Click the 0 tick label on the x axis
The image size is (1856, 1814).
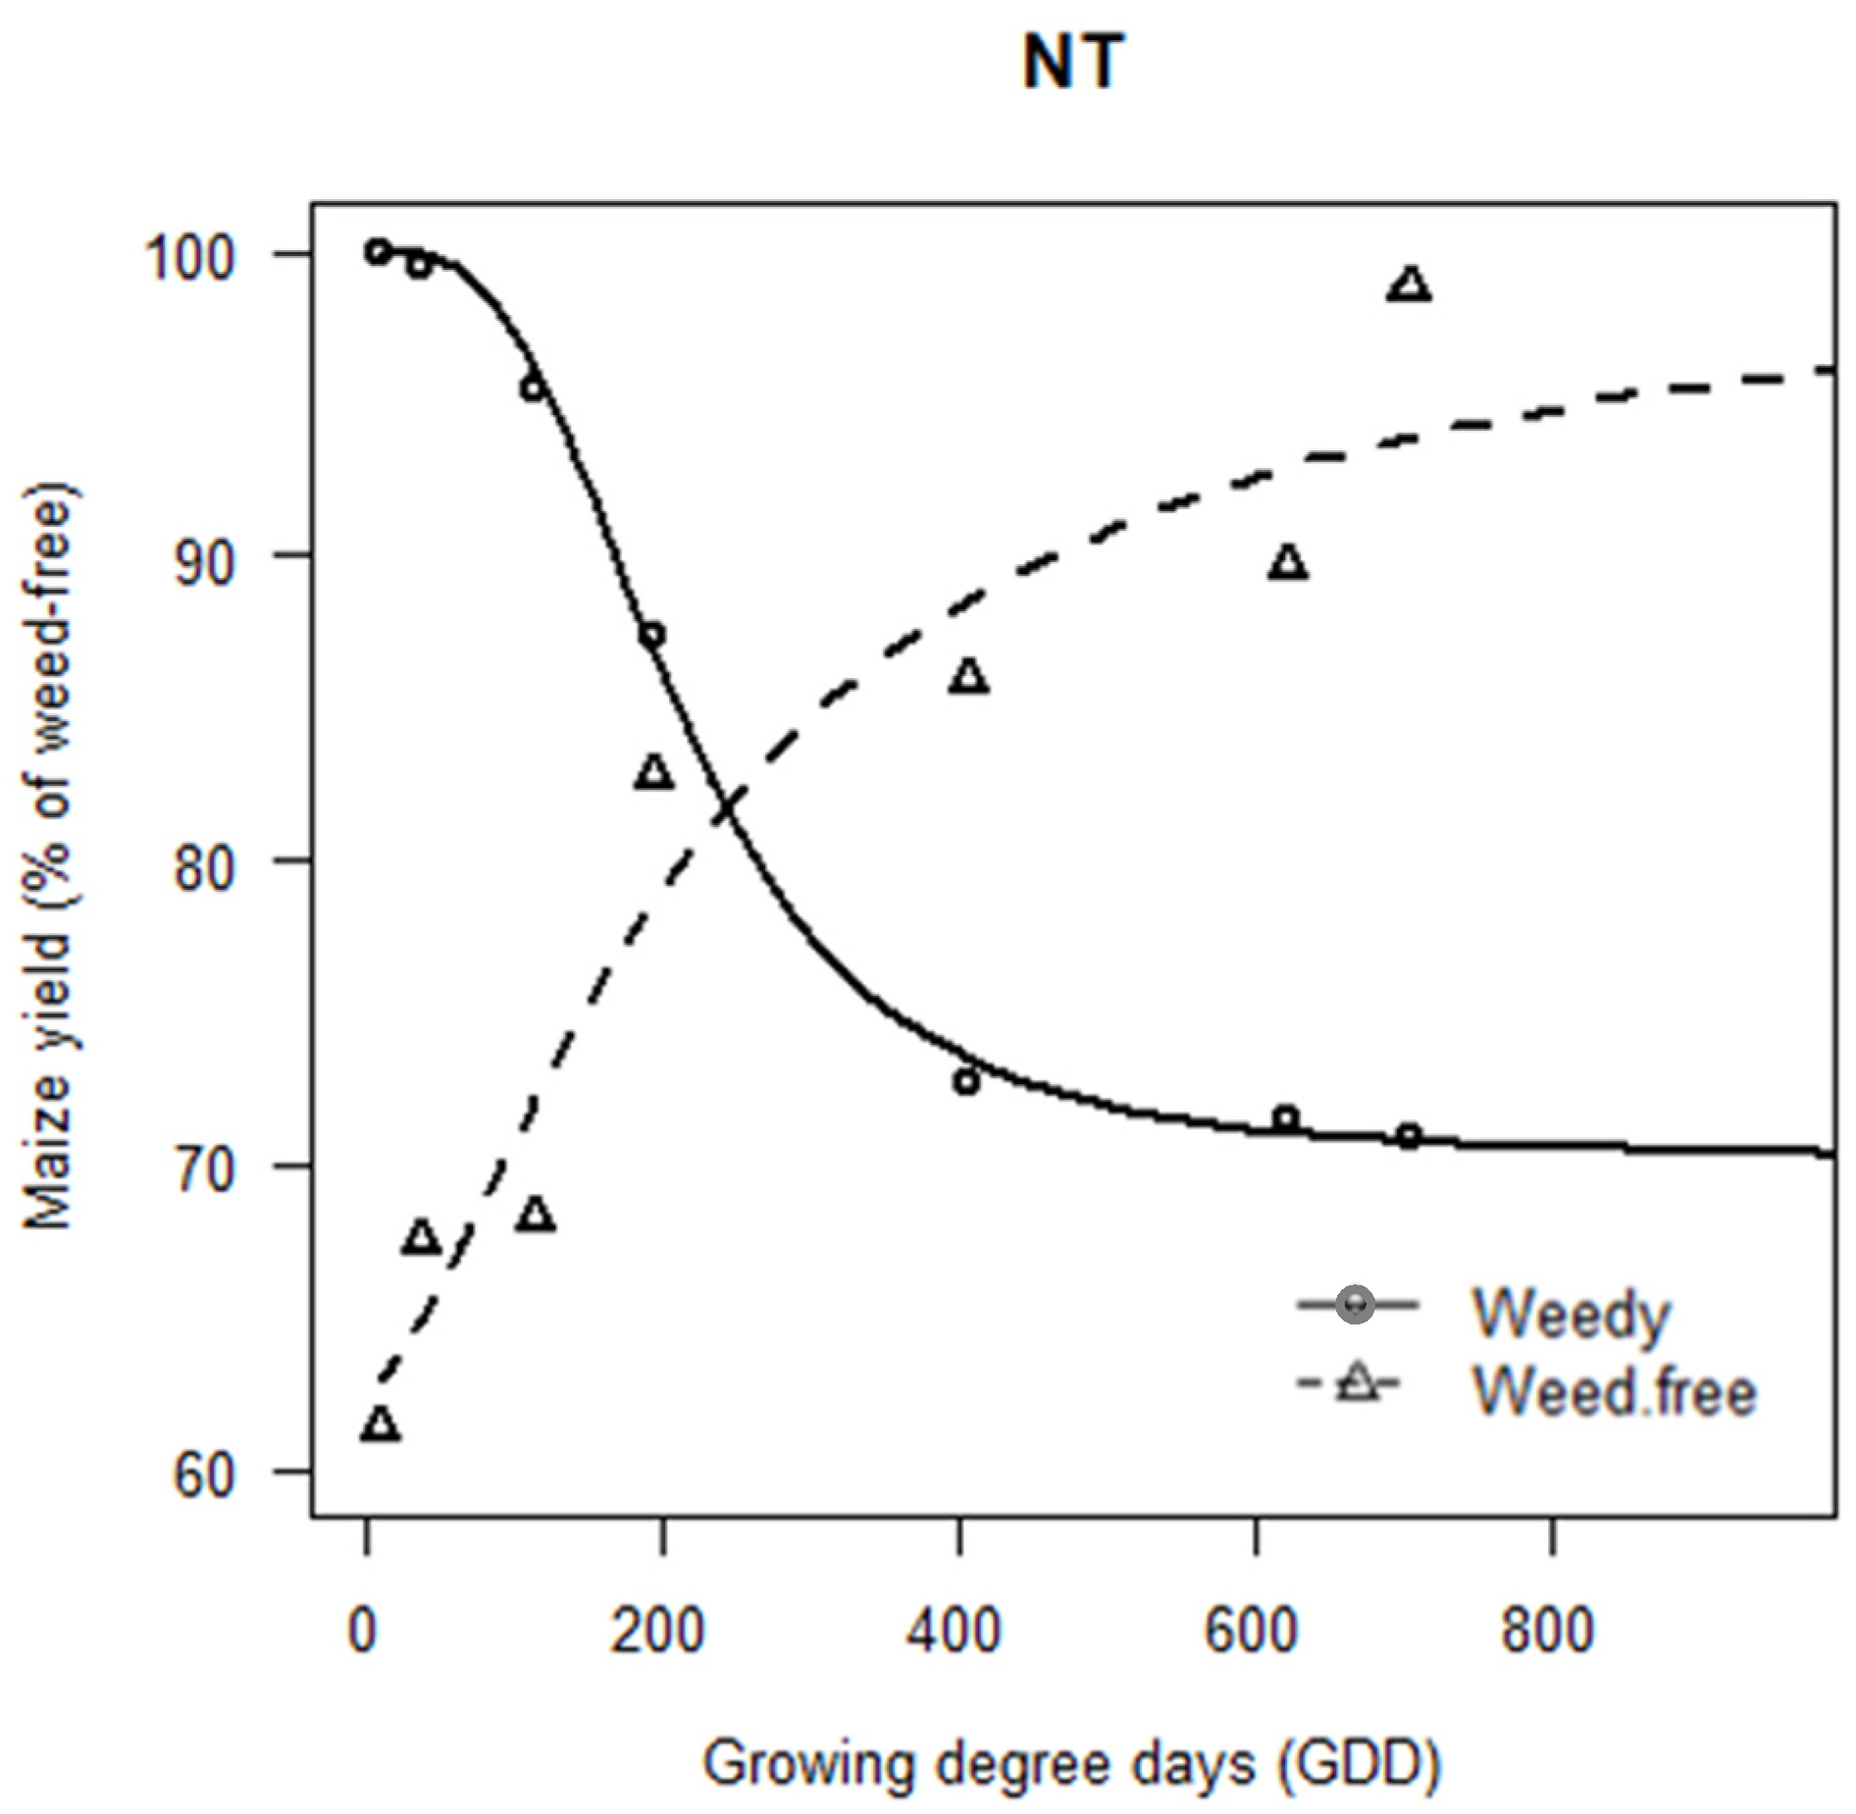pos(363,1631)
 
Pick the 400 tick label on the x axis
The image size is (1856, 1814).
pos(954,1631)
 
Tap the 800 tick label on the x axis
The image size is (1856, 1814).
pos(1547,1631)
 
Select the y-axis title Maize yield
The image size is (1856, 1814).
pos(49,855)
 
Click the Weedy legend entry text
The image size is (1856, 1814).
pos(1570,1314)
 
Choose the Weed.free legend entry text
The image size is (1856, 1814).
pos(1614,1391)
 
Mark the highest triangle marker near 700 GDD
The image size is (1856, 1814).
pos(1410,285)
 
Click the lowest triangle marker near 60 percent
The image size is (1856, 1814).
pos(381,1425)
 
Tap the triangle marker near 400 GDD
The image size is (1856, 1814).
pos(968,677)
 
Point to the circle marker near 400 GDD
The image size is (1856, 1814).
pos(967,1082)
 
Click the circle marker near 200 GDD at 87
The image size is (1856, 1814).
pos(652,635)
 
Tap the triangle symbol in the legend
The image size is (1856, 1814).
pos(1357,1384)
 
